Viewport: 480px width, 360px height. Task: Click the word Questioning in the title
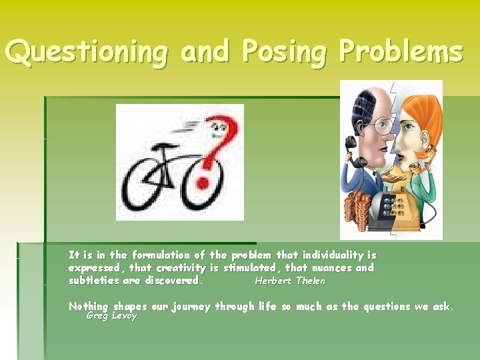[x=86, y=52]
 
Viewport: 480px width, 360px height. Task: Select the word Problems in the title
[x=400, y=51]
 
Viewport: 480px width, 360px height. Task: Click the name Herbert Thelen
[x=290, y=281]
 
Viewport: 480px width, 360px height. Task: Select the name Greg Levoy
[x=111, y=315]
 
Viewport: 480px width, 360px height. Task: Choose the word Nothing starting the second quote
[x=88, y=307]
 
